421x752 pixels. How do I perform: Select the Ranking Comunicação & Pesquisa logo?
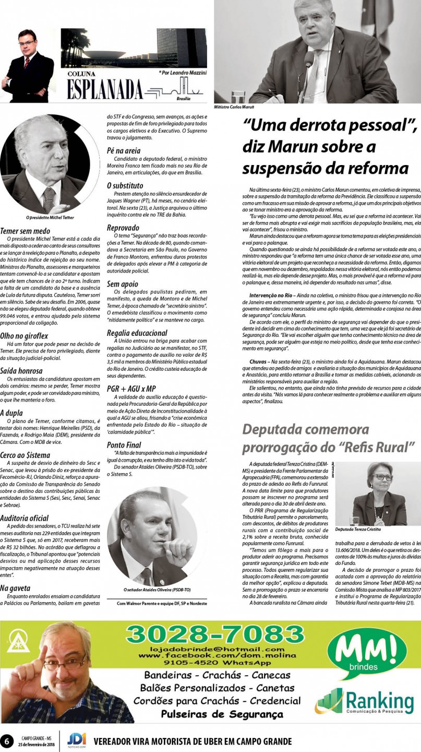click(365, 701)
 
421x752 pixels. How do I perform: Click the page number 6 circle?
click(7, 741)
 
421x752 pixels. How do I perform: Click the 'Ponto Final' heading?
click(124, 445)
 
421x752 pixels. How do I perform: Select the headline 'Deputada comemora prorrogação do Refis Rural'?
click(329, 438)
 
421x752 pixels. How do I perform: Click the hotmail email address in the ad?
click(214, 648)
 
